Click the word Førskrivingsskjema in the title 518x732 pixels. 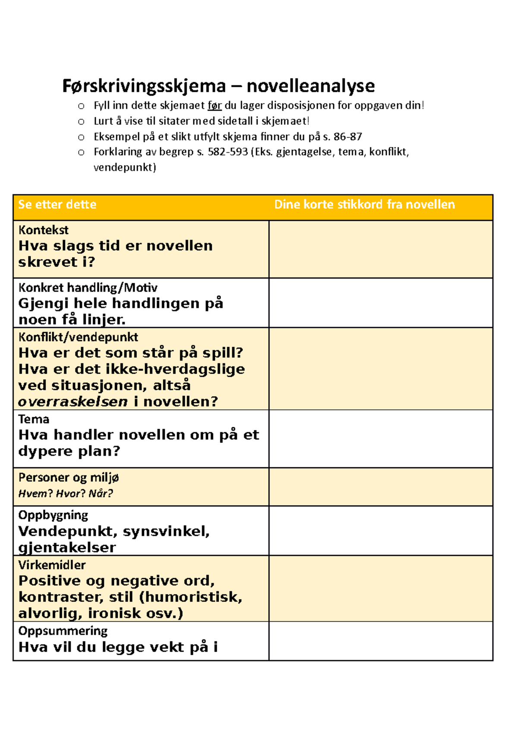(x=144, y=86)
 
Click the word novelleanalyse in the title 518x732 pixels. (x=310, y=86)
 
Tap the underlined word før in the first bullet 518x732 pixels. (x=215, y=106)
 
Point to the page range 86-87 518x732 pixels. (x=347, y=137)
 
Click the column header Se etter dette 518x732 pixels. (x=57, y=204)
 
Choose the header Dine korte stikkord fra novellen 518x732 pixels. (x=364, y=204)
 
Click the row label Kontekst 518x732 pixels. (x=43, y=230)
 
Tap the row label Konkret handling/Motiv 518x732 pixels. (x=88, y=288)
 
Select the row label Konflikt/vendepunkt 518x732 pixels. (x=78, y=337)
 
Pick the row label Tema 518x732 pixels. (x=34, y=419)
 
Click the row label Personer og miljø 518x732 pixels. (x=68, y=477)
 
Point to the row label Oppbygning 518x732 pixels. (x=53, y=515)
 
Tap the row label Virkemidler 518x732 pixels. (x=52, y=565)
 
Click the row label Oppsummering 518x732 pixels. (x=63, y=631)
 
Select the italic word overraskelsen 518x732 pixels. (x=73, y=402)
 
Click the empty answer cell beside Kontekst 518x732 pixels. (x=381, y=249)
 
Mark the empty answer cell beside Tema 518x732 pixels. (x=381, y=438)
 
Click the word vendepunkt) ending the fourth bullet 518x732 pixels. (x=125, y=167)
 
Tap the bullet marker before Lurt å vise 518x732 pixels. (x=81, y=122)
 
